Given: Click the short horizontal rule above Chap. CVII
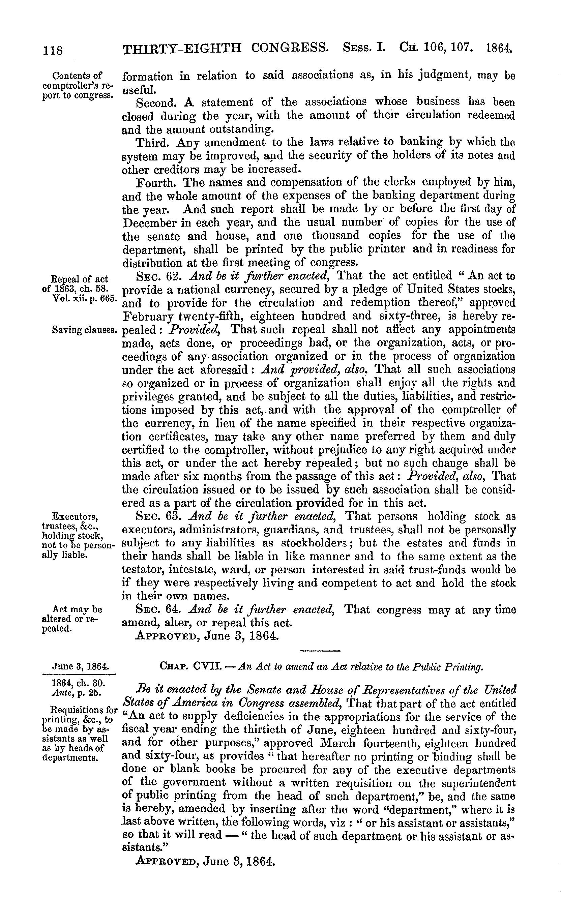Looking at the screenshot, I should coord(320,651).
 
